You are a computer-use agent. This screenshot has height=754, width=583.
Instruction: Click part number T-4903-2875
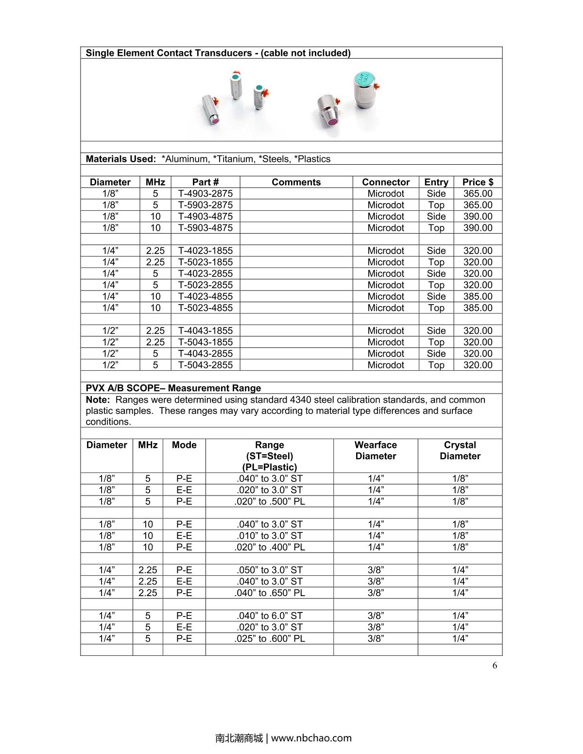205,193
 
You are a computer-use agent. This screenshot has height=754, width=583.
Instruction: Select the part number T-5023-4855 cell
205,308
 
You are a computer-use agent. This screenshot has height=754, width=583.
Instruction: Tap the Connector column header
386,182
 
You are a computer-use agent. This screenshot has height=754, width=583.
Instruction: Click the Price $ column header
478,182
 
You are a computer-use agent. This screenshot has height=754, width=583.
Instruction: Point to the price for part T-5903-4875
478,228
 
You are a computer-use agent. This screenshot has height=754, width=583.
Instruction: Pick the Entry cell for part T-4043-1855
436,330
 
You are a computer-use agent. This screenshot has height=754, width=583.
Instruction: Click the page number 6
495,666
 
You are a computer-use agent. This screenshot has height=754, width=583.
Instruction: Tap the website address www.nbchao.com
311,738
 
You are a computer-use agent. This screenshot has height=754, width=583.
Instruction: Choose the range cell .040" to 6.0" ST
270,616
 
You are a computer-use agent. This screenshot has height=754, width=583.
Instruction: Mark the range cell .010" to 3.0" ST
270,536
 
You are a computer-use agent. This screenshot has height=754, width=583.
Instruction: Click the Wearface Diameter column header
376,450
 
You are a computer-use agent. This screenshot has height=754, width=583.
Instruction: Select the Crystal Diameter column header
460,450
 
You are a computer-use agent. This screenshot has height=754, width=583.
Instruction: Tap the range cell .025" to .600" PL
270,638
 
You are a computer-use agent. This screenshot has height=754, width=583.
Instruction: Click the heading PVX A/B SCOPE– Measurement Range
173,388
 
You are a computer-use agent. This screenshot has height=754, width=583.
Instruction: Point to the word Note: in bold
98,400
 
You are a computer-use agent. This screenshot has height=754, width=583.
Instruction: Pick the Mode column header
184,445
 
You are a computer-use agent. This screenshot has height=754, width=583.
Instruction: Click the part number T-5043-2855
205,365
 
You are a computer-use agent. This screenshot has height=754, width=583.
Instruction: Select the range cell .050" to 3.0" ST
270,570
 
